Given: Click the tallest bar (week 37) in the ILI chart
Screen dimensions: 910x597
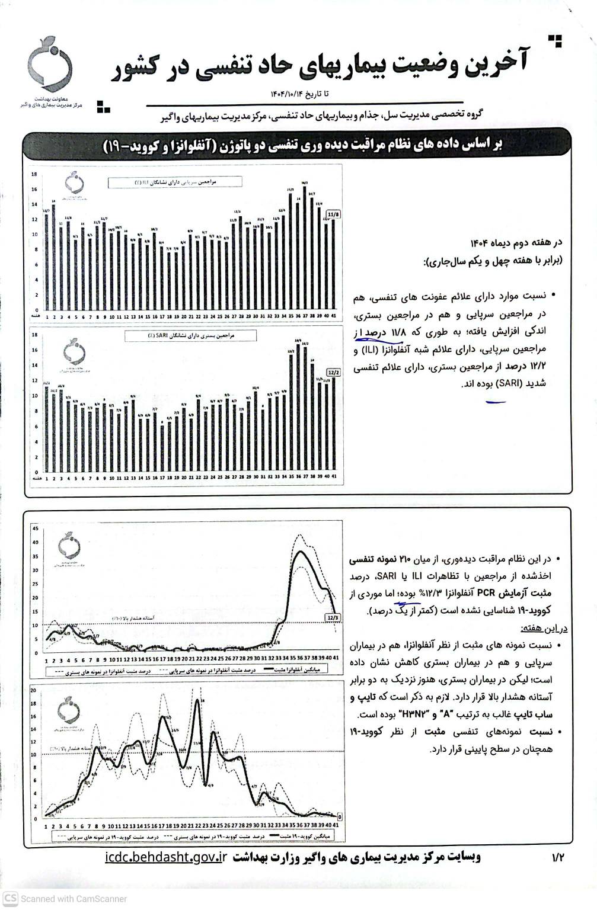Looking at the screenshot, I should (x=305, y=249).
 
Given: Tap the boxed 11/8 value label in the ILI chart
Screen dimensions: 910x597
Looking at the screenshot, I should (x=334, y=214).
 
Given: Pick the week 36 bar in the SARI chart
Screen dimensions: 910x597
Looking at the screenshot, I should (x=298, y=409).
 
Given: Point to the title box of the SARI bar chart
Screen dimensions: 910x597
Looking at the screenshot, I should (x=190, y=336).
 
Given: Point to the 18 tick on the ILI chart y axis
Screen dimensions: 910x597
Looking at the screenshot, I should (x=35, y=174).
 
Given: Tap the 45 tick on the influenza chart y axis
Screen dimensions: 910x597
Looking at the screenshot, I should (x=36, y=528).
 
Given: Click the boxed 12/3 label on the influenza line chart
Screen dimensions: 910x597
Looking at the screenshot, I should (x=333, y=617).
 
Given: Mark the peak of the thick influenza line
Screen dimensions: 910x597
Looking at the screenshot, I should (x=301, y=552).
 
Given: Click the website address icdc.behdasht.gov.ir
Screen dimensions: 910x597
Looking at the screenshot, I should (x=167, y=857).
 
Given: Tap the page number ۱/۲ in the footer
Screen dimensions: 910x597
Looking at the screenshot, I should (x=558, y=857).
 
